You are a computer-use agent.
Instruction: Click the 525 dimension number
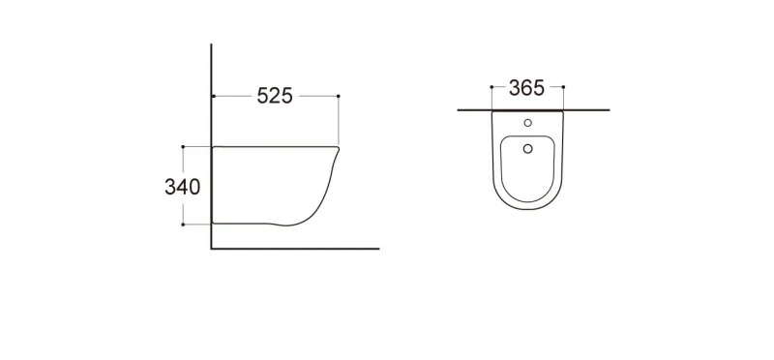(x=276, y=96)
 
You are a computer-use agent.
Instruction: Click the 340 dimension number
(x=182, y=187)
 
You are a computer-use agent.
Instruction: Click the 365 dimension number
(x=526, y=89)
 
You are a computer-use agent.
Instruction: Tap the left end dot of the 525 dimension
(x=212, y=96)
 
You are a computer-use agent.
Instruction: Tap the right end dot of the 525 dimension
(x=339, y=96)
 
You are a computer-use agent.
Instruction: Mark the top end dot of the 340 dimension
(x=182, y=147)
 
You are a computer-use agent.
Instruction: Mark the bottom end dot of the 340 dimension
(x=182, y=225)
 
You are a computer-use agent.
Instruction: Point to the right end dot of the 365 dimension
(x=563, y=89)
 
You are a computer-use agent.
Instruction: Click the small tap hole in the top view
(x=527, y=124)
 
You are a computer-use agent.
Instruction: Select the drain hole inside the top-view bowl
(x=527, y=148)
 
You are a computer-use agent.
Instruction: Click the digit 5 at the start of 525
(x=261, y=96)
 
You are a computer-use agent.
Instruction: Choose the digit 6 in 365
(x=526, y=89)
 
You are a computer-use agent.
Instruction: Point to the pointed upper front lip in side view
(x=340, y=148)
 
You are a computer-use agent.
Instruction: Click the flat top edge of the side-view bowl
(x=276, y=146)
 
